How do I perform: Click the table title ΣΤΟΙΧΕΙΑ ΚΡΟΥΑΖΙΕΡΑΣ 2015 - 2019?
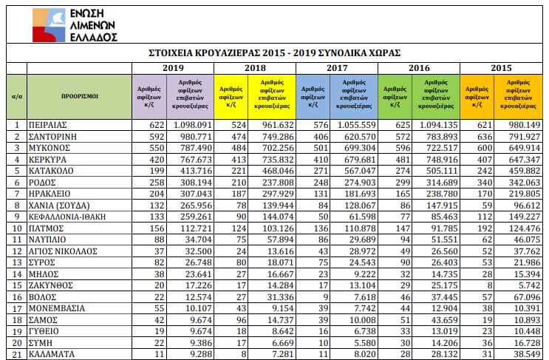tap(274, 53)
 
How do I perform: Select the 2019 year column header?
tap(173, 67)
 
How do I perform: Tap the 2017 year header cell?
tap(337, 67)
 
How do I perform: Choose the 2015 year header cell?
tap(501, 67)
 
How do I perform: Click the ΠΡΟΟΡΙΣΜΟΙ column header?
tap(79, 96)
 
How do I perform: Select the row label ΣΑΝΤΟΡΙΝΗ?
tap(54, 137)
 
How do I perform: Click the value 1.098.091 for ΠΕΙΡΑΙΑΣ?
tap(192, 125)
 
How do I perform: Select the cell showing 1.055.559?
tap(356, 125)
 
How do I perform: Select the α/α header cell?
tap(16, 96)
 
